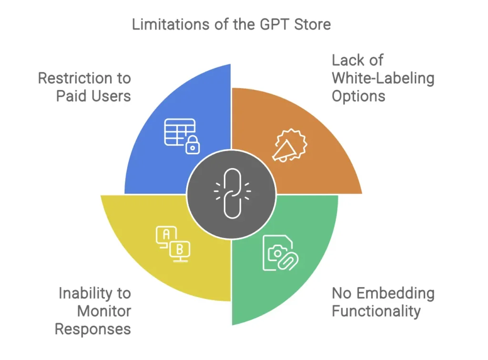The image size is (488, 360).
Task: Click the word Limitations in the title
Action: point(171,24)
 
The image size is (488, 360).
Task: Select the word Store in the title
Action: point(313,24)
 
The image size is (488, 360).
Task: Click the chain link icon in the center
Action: point(232,193)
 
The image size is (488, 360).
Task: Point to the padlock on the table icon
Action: point(193,145)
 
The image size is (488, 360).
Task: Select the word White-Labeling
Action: point(383,78)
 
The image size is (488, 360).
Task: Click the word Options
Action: point(358,96)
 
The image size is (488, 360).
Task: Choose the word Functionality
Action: point(376,311)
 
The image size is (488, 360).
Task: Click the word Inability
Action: point(86,293)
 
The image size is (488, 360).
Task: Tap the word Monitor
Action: point(104,311)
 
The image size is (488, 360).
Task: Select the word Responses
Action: point(93,329)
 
